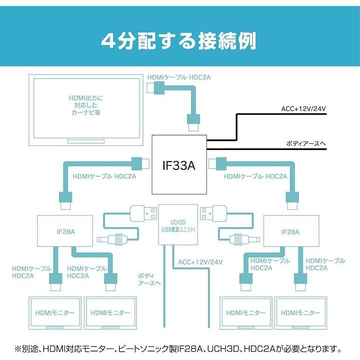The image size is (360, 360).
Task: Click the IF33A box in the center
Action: (x=179, y=165)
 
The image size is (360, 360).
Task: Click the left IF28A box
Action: (x=65, y=231)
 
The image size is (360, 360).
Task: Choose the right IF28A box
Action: (x=290, y=231)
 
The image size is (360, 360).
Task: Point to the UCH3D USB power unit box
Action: (x=178, y=223)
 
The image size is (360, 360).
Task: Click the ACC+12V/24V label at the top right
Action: (x=304, y=108)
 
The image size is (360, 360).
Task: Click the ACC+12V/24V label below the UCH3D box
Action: (x=200, y=262)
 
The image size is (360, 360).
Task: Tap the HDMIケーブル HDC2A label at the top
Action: (x=178, y=77)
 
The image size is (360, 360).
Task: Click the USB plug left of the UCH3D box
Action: (x=142, y=213)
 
